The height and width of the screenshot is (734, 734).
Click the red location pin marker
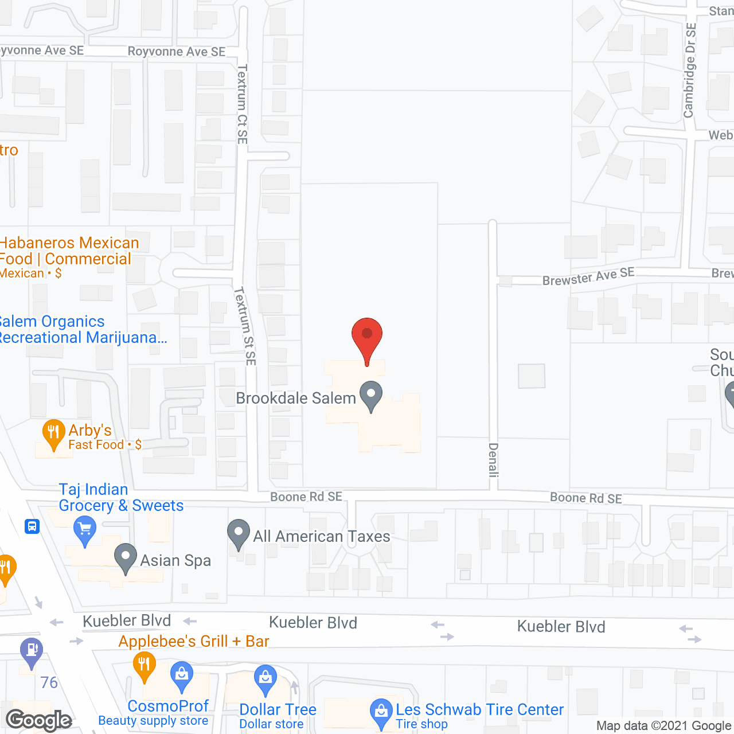click(x=367, y=338)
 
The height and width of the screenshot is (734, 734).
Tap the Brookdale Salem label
click(x=296, y=398)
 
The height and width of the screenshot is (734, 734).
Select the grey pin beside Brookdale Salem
click(x=371, y=396)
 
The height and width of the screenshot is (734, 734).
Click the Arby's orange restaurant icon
click(x=53, y=434)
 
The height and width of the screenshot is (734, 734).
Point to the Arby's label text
click(x=90, y=430)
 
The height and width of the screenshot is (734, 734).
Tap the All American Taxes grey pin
click(x=239, y=534)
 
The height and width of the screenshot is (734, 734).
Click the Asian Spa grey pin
click(x=125, y=558)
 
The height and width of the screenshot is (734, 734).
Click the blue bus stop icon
click(x=32, y=526)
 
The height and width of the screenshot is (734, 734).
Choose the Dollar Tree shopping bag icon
click(x=265, y=680)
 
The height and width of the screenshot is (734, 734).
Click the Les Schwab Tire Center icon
click(x=381, y=713)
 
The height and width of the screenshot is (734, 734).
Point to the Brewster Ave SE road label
click(x=588, y=276)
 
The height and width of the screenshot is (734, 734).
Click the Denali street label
click(x=493, y=460)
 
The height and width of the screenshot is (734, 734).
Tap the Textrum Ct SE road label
click(x=243, y=104)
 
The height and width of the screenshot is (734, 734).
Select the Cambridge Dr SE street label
click(x=690, y=70)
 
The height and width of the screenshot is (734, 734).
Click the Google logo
click(x=39, y=720)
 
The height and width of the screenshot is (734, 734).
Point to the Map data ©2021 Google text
click(x=664, y=726)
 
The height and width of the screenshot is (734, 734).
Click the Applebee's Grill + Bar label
click(x=194, y=641)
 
